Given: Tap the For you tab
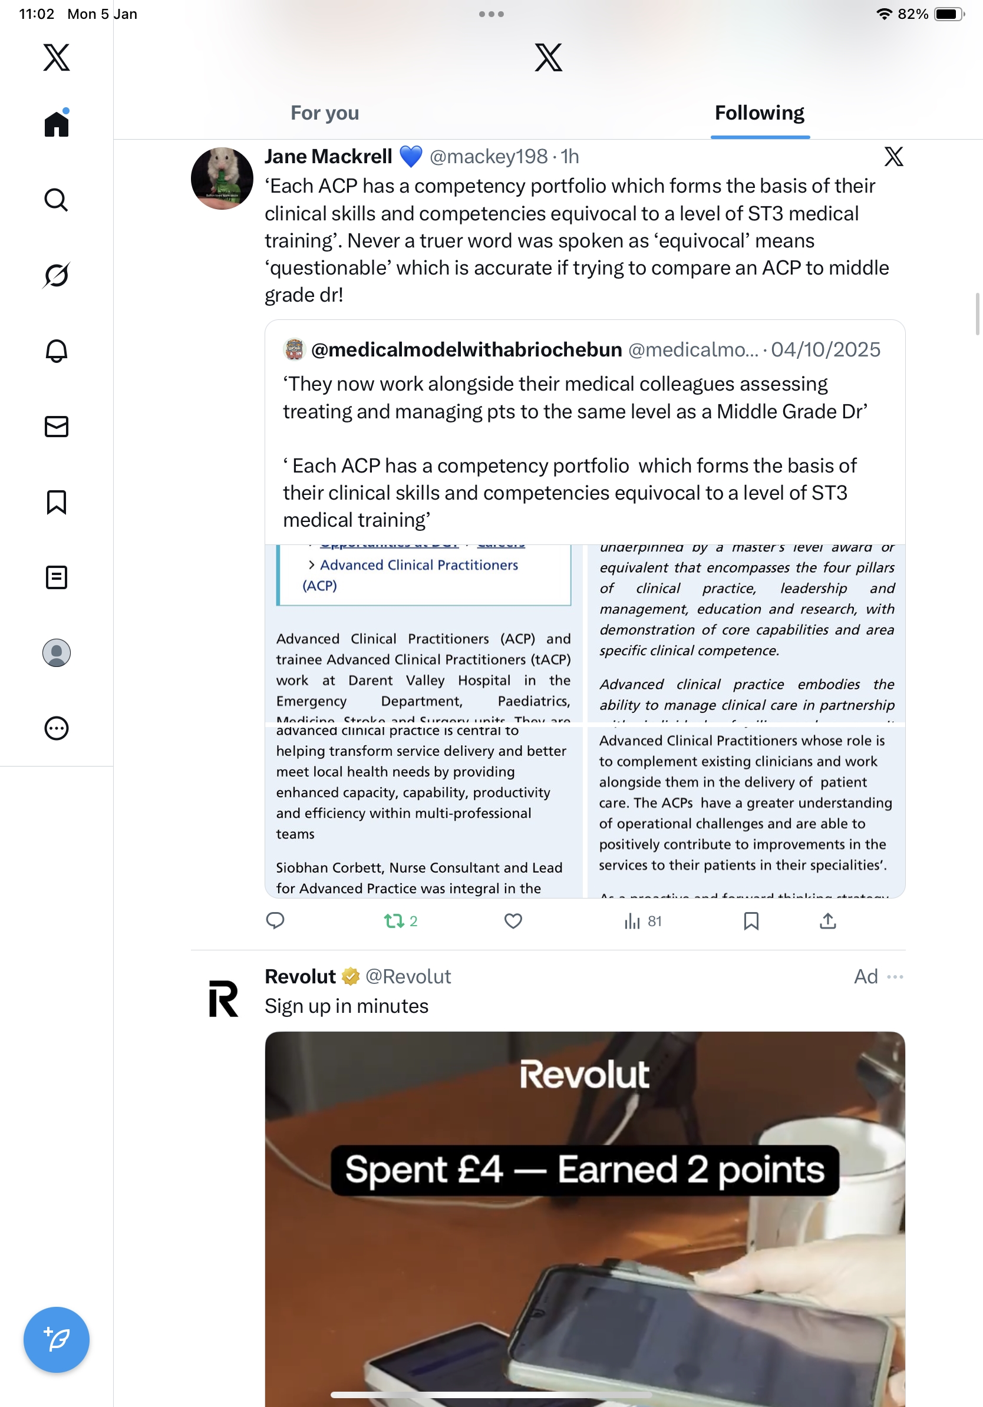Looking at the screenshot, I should click(x=324, y=113).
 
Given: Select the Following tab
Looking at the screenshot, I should click(x=759, y=113).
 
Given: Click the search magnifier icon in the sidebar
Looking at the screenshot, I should click(x=57, y=200).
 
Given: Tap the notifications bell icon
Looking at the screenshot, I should click(x=57, y=351).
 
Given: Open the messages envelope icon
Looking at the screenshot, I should click(x=57, y=427).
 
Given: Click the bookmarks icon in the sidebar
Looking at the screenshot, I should click(x=57, y=502).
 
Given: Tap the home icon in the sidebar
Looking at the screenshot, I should click(x=57, y=124).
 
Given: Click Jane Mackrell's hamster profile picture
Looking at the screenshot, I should click(x=222, y=179).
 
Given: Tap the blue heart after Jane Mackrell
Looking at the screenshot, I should click(x=411, y=157).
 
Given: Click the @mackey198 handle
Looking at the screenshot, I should click(x=488, y=157).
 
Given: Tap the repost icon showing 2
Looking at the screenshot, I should click(x=394, y=921).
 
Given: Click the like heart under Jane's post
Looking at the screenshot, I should click(x=513, y=921).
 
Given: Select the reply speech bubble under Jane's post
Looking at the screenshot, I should click(x=275, y=921).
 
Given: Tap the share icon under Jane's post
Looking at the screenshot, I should click(x=827, y=921).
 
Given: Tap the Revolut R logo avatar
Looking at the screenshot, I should click(x=223, y=999).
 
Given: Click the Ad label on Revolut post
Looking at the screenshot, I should click(x=865, y=976).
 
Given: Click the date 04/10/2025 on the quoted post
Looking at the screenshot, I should click(x=825, y=349).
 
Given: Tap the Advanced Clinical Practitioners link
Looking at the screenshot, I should click(x=418, y=565).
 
